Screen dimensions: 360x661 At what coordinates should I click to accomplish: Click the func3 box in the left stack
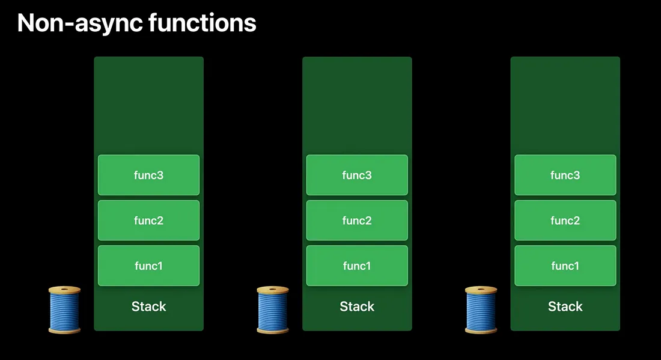click(x=148, y=175)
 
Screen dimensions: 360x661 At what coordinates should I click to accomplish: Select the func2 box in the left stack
click(x=148, y=220)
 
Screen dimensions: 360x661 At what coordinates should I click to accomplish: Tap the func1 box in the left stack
click(x=148, y=265)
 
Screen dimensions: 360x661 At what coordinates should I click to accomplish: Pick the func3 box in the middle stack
click(x=357, y=175)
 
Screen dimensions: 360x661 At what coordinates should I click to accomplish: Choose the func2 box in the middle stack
click(x=357, y=220)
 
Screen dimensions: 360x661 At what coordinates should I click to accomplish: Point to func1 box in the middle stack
click(x=357, y=265)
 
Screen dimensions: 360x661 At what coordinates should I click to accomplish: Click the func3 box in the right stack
click(x=565, y=175)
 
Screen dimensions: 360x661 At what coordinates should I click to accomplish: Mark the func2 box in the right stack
click(x=565, y=220)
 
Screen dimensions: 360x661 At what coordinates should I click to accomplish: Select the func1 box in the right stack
click(x=565, y=265)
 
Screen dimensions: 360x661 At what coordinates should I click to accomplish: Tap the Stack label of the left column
click(x=148, y=307)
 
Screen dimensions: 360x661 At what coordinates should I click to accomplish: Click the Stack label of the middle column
click(x=357, y=307)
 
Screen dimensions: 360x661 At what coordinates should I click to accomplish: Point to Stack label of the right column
click(x=565, y=307)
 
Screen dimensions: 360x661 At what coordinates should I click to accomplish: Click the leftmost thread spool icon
click(x=64, y=310)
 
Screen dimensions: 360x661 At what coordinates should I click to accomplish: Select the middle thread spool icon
click(x=273, y=310)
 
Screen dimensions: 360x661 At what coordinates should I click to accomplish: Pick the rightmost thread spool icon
click(x=481, y=310)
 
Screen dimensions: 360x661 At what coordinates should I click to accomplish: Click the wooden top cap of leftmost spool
click(x=64, y=290)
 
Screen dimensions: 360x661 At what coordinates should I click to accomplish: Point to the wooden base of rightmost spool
click(x=481, y=329)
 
